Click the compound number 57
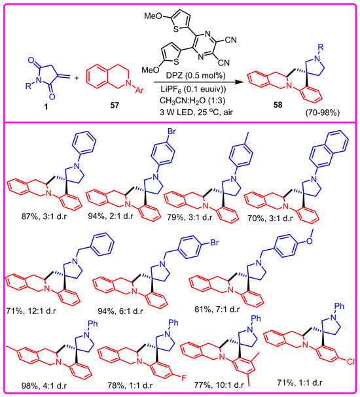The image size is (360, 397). (115, 105)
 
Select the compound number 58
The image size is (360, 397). (278, 105)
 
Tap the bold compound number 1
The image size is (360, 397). (46, 107)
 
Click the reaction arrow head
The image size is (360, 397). (237, 82)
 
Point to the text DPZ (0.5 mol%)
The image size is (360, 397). (196, 75)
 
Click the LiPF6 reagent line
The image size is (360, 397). (193, 89)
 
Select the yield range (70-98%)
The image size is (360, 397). (322, 112)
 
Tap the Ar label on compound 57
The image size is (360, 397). (139, 90)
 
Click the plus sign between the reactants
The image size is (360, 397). (77, 78)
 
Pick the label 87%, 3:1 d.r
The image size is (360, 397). (44, 216)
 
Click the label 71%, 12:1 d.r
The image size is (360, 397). (31, 311)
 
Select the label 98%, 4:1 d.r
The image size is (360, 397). (44, 386)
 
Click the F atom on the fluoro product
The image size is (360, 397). (183, 378)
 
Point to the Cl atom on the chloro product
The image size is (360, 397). (351, 362)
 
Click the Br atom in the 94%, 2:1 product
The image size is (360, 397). (171, 131)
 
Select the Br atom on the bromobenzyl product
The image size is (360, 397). (214, 243)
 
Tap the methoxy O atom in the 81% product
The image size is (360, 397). (310, 241)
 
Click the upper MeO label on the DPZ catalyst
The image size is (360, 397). (153, 16)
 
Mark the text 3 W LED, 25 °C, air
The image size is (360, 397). (196, 112)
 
